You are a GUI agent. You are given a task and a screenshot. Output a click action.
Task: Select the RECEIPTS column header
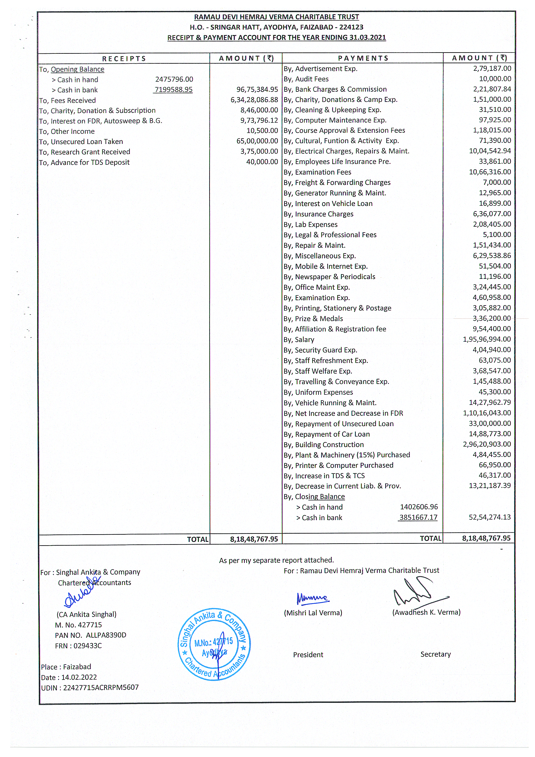(x=124, y=59)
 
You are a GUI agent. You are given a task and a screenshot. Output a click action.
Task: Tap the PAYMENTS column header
(x=363, y=58)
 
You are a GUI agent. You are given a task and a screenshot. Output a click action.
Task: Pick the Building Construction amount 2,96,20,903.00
(x=487, y=444)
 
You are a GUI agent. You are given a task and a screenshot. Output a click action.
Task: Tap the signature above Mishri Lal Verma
(x=312, y=598)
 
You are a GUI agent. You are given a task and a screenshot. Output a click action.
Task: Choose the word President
(x=308, y=655)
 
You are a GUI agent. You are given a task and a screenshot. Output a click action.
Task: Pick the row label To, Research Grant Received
(x=85, y=152)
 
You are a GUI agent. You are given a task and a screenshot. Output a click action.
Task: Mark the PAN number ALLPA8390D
(x=106, y=635)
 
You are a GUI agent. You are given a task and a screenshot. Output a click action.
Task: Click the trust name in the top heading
(x=276, y=17)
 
